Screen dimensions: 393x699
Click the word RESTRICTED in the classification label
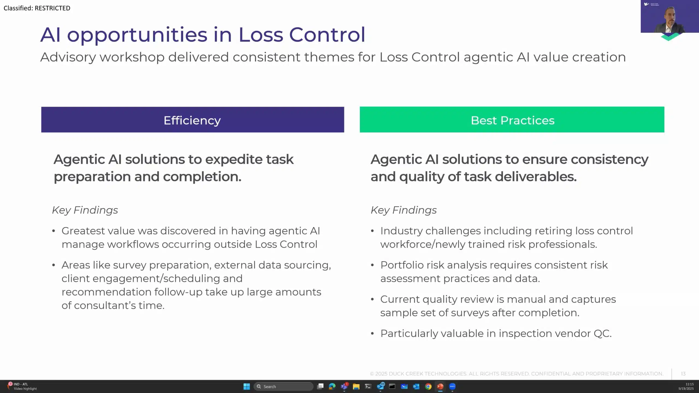52,8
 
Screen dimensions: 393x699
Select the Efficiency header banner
192,120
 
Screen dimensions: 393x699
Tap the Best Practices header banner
512,120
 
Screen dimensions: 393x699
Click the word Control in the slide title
327,35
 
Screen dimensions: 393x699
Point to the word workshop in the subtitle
132,57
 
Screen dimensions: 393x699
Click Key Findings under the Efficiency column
85,210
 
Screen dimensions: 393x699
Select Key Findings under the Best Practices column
404,210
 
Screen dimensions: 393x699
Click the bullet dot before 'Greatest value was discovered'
54,231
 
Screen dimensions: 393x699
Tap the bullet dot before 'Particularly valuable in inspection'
372,334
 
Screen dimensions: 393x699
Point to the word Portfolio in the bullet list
401,265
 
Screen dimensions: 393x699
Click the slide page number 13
683,374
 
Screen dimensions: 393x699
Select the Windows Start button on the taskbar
247,386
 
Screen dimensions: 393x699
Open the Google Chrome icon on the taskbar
428,386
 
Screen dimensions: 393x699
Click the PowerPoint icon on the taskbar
440,386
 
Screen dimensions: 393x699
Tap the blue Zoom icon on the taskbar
452,386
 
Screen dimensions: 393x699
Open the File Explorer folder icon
356,386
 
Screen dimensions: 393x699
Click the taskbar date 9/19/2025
686,389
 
